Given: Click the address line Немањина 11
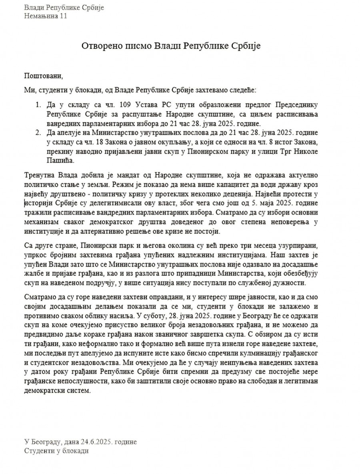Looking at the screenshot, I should (x=46, y=16).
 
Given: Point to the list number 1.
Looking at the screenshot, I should (x=38, y=105).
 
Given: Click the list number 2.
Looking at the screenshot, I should (x=38, y=132).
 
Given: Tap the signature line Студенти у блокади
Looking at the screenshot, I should (x=56, y=451).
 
